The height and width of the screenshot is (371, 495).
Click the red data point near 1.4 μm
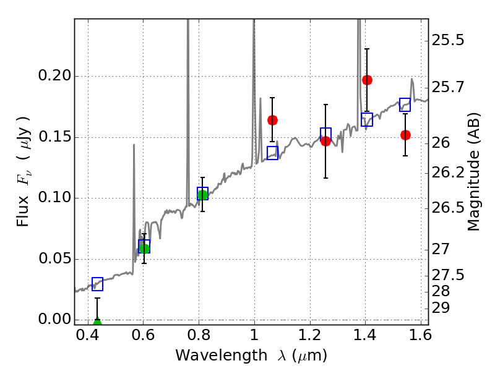[367, 80]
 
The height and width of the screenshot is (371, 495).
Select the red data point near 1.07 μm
[272, 120]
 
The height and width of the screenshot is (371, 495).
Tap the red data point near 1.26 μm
[325, 141]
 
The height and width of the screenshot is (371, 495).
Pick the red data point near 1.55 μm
[405, 135]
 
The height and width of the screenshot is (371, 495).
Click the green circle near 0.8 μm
[202, 195]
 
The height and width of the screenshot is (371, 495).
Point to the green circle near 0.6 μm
[144, 248]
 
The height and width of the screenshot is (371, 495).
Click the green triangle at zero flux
[97, 322]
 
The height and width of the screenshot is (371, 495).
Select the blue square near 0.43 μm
[97, 284]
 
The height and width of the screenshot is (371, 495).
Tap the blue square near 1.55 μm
[405, 104]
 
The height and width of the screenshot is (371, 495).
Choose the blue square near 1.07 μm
[272, 153]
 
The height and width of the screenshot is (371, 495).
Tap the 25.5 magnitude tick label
[448, 41]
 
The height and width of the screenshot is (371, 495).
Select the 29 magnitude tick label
[444, 307]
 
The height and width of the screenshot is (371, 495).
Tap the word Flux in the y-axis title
[23, 195]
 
